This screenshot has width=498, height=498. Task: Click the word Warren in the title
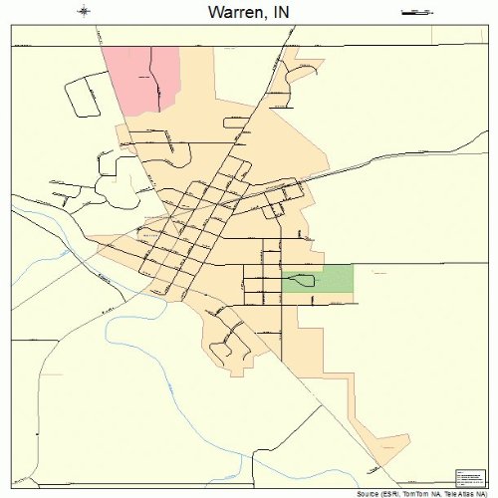[233, 14]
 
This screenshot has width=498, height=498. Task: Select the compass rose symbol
[85, 12]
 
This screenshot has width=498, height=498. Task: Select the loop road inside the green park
[299, 282]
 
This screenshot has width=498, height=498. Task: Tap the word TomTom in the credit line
[422, 493]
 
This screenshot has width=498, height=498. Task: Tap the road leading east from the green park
[418, 267]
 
